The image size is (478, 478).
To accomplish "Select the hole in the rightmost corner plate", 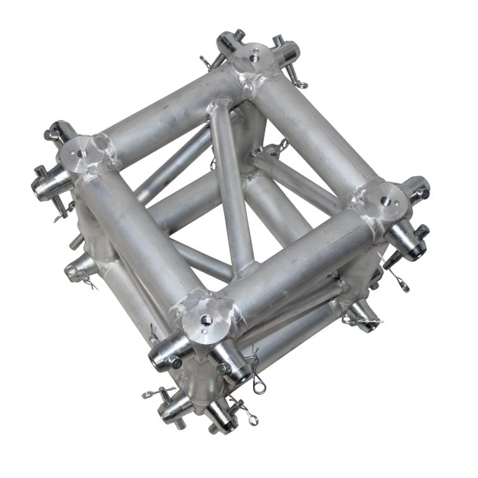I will click(x=386, y=201).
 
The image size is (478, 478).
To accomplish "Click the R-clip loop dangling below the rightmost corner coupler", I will click(x=399, y=279).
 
